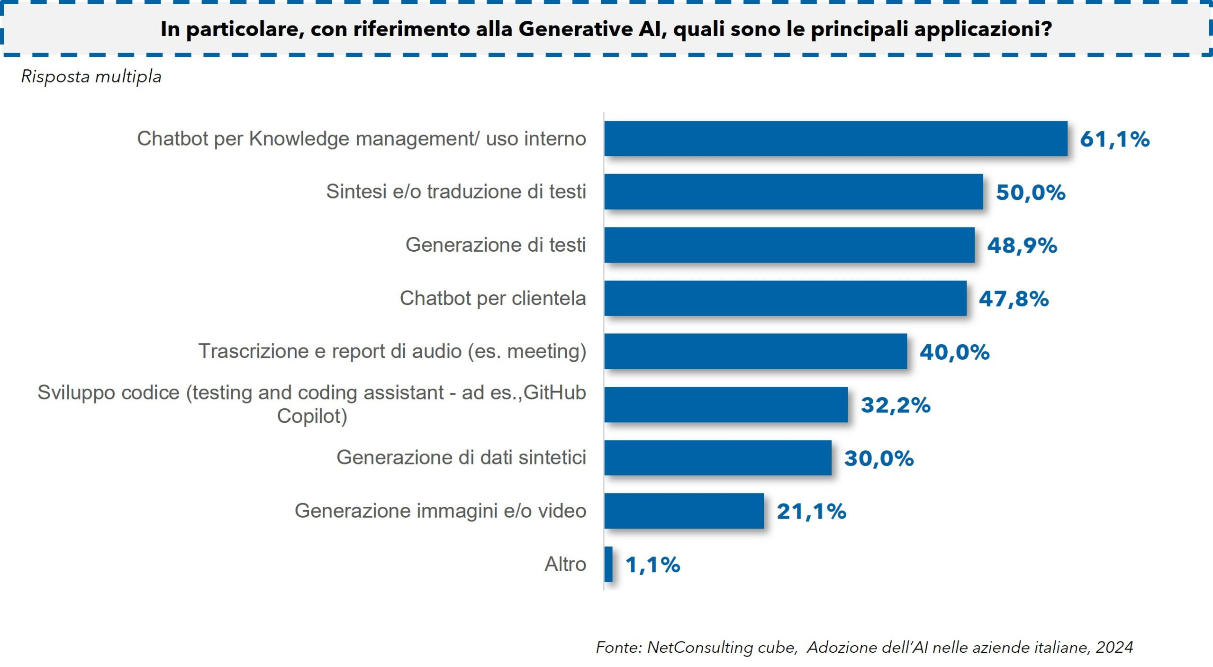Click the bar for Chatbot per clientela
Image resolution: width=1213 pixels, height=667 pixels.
pos(785,298)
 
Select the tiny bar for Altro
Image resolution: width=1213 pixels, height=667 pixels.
pos(608,564)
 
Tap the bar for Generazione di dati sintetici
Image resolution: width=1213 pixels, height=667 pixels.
pos(717,457)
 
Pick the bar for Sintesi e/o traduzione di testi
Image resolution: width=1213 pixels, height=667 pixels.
pos(793,192)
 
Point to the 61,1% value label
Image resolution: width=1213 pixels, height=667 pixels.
pos(1114,139)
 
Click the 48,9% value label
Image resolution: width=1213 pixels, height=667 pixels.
pos(1022,246)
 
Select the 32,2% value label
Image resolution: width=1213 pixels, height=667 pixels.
pos(896,405)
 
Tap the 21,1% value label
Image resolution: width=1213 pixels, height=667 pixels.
pos(811,512)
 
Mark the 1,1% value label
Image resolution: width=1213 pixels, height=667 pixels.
pos(652,565)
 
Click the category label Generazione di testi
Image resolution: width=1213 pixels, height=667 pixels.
pos(496,245)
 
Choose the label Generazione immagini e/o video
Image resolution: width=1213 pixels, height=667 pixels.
pos(440,511)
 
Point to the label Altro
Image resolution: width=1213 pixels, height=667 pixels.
pos(565,564)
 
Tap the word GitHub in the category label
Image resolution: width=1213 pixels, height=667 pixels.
pos(555,393)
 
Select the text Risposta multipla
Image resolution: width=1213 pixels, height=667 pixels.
pos(91,77)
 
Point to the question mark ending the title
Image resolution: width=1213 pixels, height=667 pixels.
pos(1047,29)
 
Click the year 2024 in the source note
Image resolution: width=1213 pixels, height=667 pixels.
pos(1114,648)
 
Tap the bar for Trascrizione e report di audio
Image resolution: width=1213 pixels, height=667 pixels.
pos(755,351)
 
